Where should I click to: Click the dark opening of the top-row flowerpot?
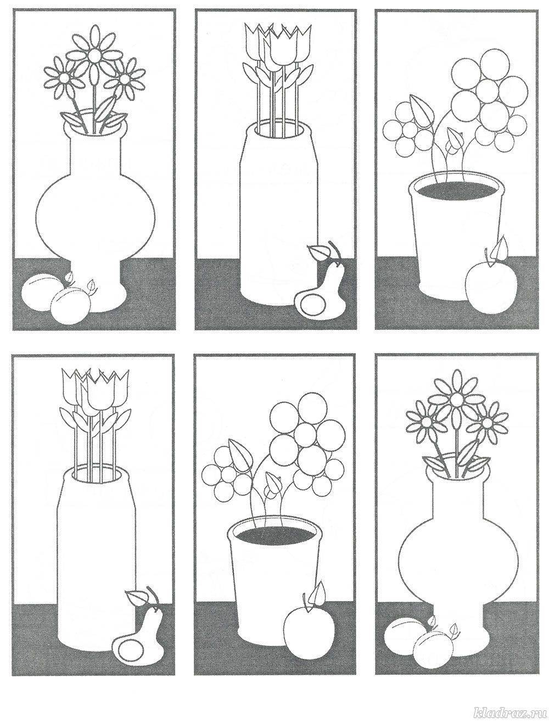pyautogui.click(x=457, y=190)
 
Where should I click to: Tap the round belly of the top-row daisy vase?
pyautogui.click(x=96, y=214)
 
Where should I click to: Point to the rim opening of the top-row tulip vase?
pyautogui.click(x=281, y=131)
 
